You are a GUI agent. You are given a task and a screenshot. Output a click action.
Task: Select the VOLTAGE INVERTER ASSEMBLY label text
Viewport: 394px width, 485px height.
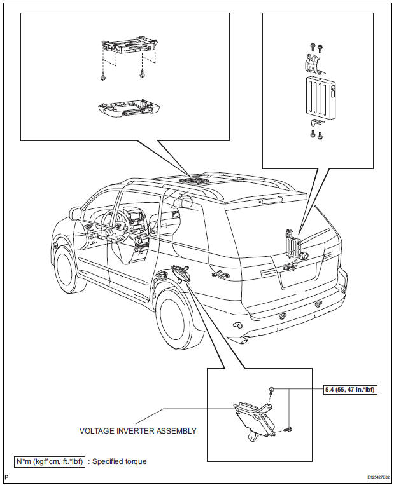[137, 430]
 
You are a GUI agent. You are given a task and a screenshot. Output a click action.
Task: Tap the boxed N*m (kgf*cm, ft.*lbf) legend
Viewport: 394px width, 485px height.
[49, 461]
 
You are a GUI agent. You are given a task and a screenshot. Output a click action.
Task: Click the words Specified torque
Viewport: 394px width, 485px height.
[119, 461]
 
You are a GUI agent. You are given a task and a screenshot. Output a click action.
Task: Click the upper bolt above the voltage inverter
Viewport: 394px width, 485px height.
[271, 390]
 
